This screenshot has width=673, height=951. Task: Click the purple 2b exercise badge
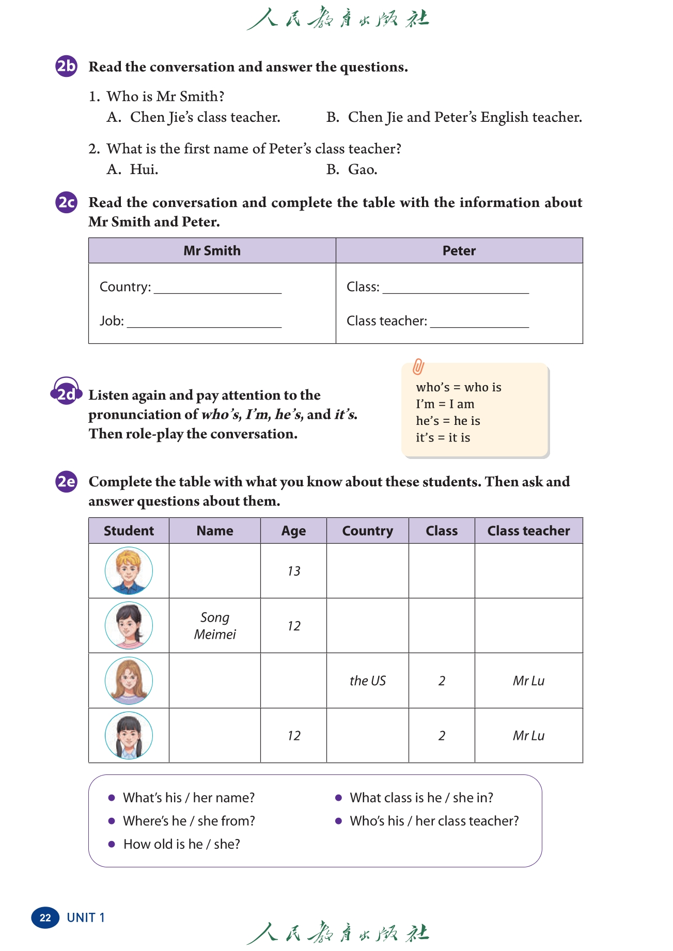point(66,66)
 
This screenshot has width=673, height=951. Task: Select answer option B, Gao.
point(352,169)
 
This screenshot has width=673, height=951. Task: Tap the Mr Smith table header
point(212,250)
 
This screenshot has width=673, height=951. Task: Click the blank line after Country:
point(217,288)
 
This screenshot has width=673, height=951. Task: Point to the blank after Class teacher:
point(479,322)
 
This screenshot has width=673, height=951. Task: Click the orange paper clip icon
point(418,367)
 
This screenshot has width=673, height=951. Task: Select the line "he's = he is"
point(448,421)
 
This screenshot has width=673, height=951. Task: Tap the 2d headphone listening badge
point(66,392)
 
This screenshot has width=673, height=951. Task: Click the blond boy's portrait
point(129,571)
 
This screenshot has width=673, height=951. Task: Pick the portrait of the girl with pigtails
point(129,735)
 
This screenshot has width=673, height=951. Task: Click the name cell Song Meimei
point(215,626)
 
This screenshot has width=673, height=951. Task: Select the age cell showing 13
point(293,571)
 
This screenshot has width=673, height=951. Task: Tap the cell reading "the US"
point(367,680)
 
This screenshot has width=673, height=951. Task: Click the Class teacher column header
point(528,531)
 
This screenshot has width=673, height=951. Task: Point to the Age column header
point(293,531)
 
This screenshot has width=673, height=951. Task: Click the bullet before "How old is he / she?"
point(112,844)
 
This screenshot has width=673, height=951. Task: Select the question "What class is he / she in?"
point(421,798)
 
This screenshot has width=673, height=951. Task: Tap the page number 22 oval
point(45,917)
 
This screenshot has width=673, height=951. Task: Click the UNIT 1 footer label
point(86,917)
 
